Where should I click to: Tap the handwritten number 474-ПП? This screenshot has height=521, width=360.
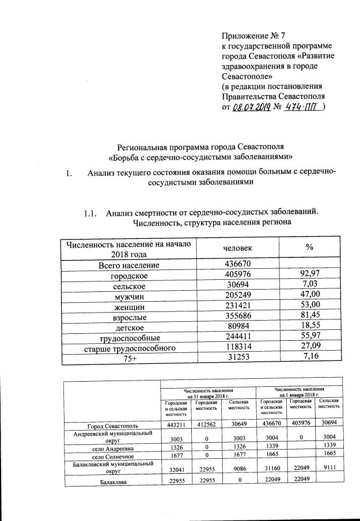pos(302,107)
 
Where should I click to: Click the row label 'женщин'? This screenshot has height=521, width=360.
pos(128,307)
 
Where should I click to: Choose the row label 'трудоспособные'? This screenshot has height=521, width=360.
pos(128,338)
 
